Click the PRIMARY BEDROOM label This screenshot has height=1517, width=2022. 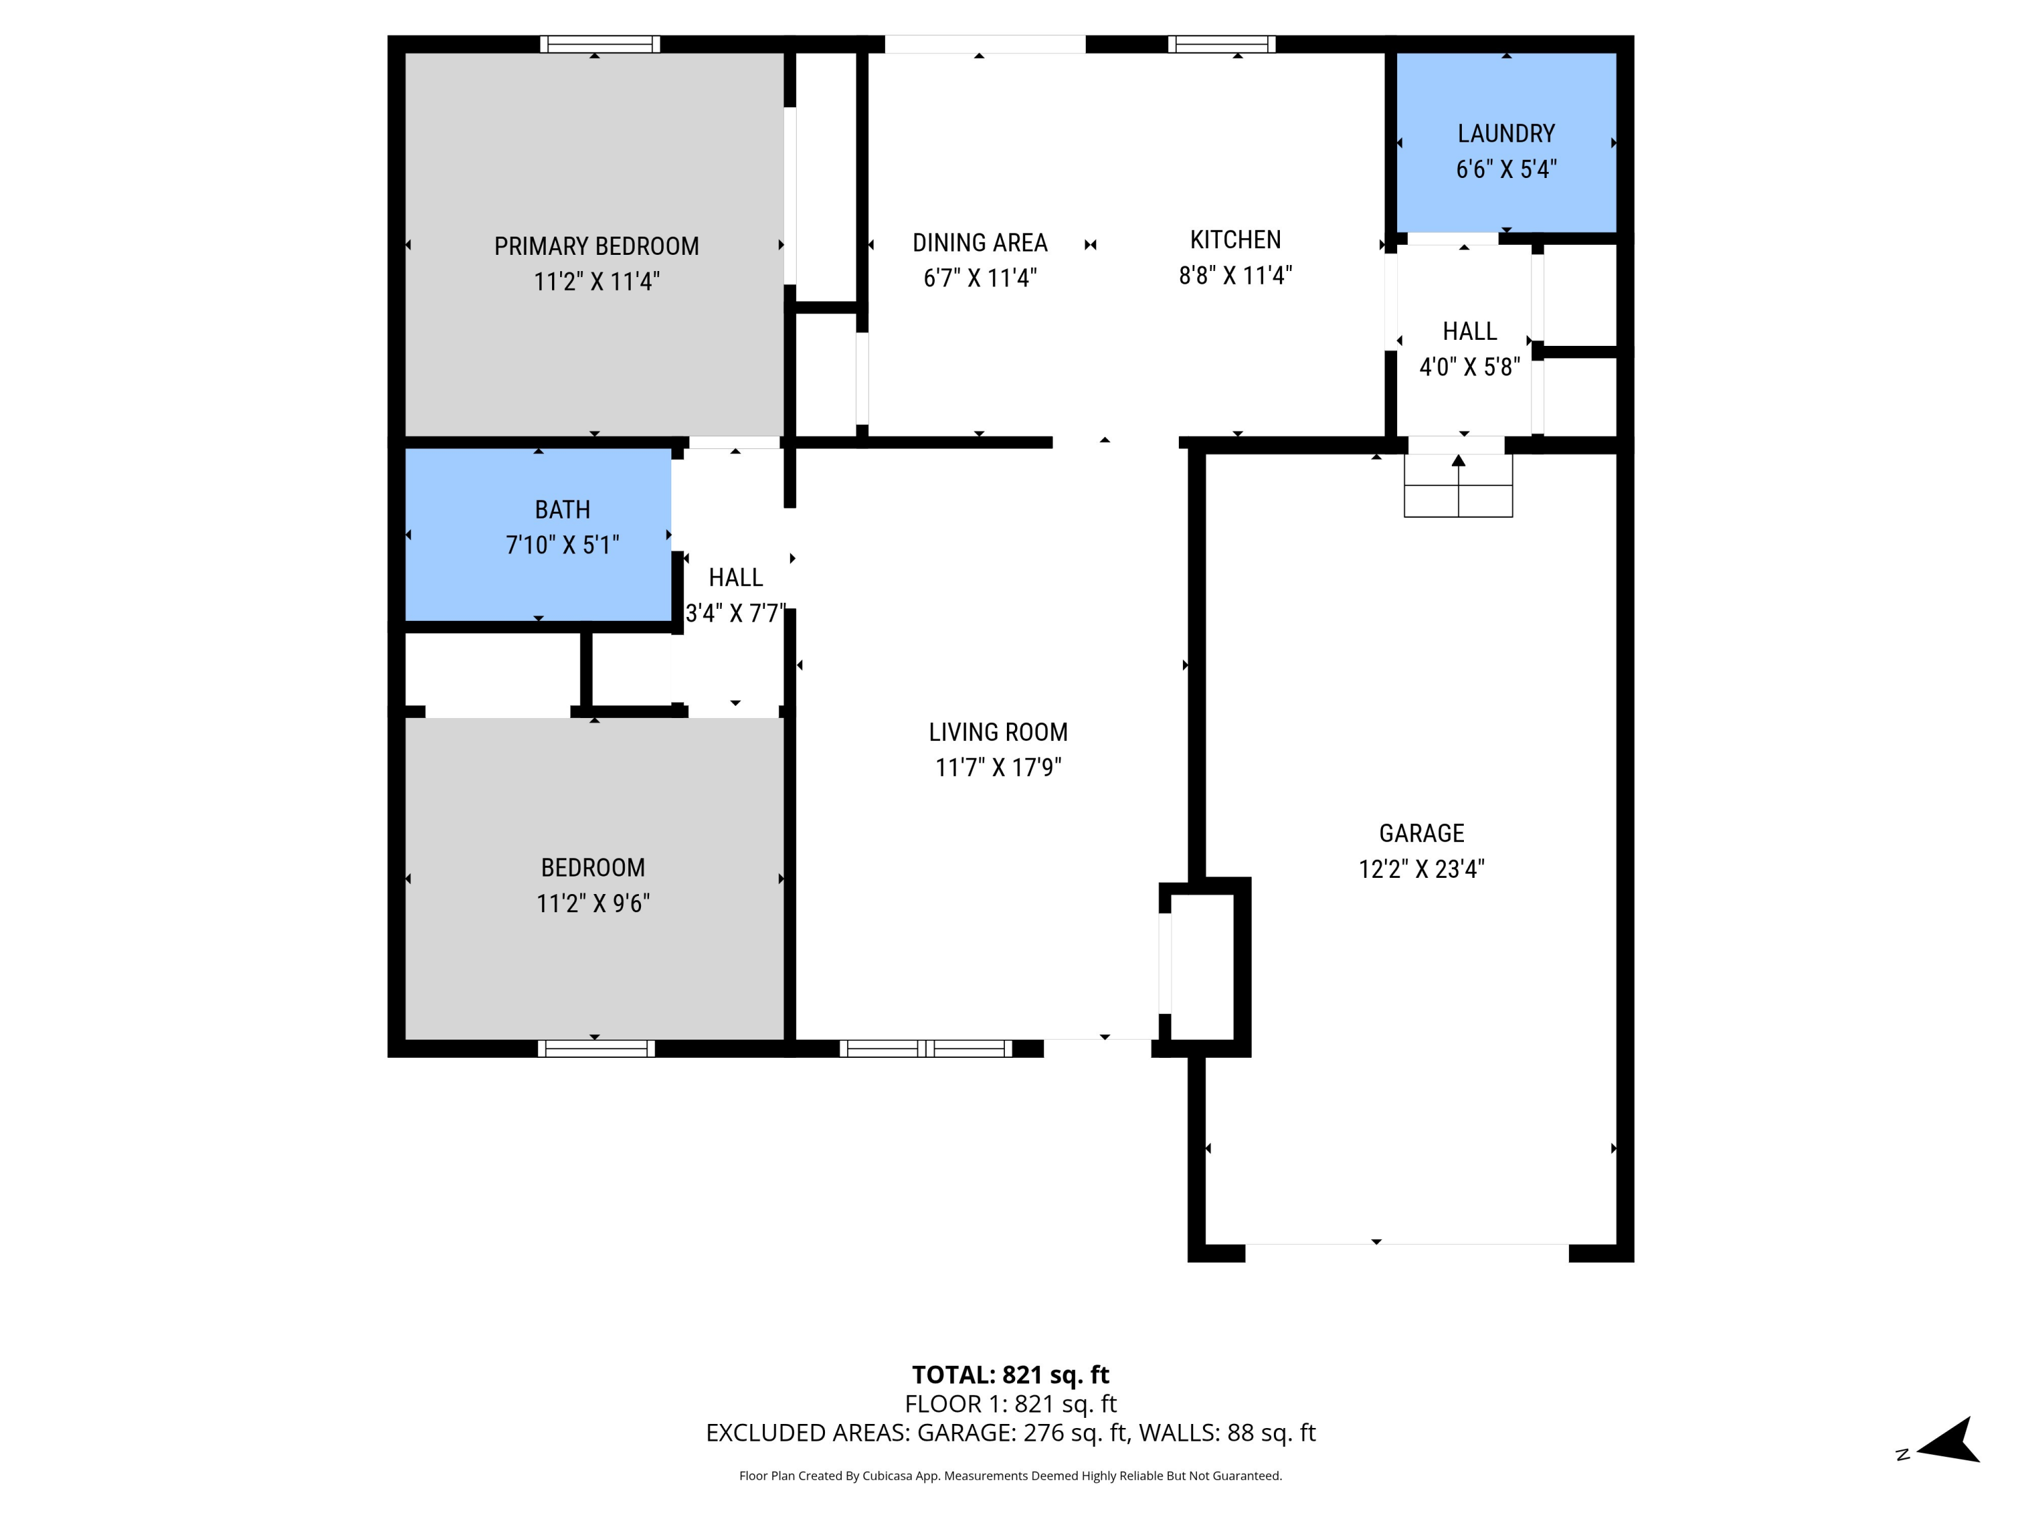tap(596, 246)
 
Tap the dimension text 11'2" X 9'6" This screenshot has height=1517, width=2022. tap(592, 903)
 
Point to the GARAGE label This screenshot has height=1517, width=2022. tap(1421, 833)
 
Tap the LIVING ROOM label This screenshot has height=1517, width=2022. tap(998, 732)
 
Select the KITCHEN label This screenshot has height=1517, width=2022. tap(1235, 239)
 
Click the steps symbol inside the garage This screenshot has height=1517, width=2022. tap(1458, 487)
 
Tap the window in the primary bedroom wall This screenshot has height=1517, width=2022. tap(600, 44)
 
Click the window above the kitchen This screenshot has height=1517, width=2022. tap(1221, 44)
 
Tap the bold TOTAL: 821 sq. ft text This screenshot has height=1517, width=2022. tap(1010, 1374)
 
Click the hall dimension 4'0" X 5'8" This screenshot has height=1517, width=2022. tap(1469, 367)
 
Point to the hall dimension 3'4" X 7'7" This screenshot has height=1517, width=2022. tap(735, 613)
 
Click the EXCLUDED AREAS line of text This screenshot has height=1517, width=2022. tap(1010, 1432)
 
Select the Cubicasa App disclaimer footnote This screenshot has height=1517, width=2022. tap(1010, 1475)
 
